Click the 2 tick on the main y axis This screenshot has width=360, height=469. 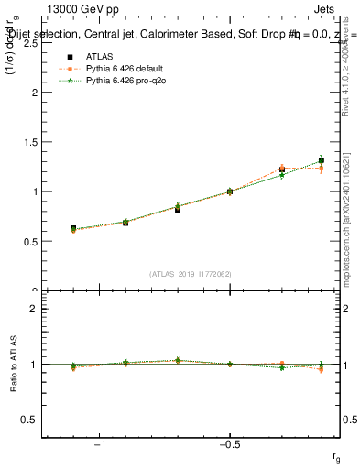(x=33, y=93)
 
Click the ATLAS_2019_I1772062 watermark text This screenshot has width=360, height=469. (x=191, y=274)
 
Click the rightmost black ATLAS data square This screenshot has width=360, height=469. (x=321, y=160)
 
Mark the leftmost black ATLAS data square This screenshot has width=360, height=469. (x=73, y=228)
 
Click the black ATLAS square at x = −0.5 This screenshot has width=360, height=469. (x=230, y=191)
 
